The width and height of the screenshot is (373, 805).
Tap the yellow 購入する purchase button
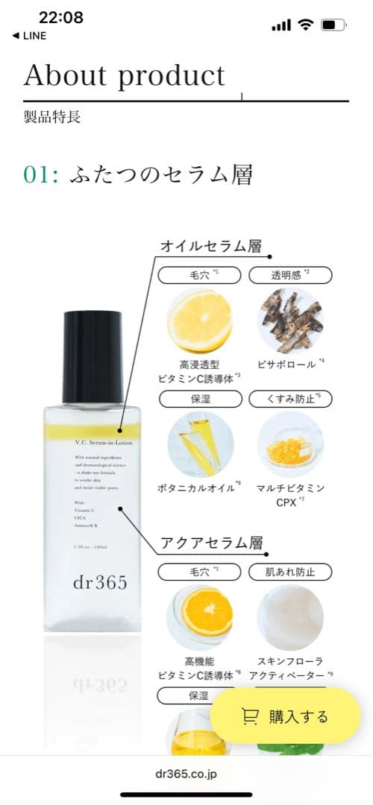point(285,716)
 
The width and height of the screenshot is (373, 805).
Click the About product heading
point(124,76)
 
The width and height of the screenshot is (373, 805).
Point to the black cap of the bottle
point(93,357)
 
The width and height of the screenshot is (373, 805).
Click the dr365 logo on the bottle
point(93,582)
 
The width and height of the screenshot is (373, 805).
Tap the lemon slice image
point(198,321)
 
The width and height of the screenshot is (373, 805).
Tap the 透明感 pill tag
point(289,275)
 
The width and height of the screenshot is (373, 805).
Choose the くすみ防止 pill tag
point(289,399)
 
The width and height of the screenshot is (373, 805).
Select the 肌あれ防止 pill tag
point(289,572)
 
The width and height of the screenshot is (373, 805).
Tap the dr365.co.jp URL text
point(186,774)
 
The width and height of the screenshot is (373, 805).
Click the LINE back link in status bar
point(29,36)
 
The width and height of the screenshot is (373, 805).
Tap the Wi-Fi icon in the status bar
point(304,25)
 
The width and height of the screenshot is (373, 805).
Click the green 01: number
point(41,174)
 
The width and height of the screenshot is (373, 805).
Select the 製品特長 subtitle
point(51,117)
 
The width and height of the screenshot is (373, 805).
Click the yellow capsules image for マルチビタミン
point(289,445)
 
